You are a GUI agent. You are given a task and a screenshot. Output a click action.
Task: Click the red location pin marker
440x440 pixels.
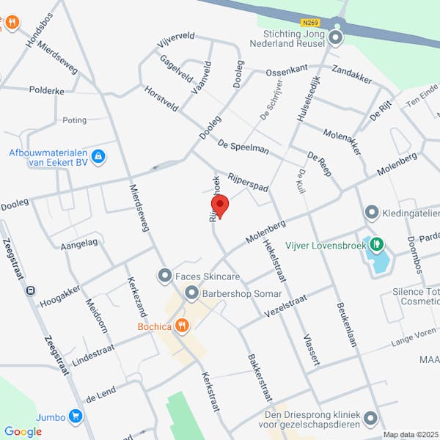click(219, 206)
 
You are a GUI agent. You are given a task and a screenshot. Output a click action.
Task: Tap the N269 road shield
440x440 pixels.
click(310, 23)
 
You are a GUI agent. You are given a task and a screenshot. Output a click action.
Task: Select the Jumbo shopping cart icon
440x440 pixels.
click(75, 417)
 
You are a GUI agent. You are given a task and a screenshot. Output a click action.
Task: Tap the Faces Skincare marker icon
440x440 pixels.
click(164, 276)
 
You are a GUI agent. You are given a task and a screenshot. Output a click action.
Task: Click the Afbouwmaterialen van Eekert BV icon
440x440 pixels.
click(99, 156)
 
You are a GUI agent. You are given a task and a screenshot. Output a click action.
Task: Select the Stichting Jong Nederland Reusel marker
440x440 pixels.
click(337, 37)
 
